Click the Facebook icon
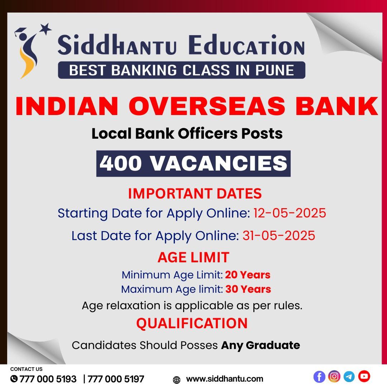(319, 377)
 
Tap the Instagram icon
(334, 376)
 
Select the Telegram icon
(349, 377)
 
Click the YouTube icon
(364, 376)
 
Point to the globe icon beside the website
(176, 380)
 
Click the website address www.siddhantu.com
(225, 379)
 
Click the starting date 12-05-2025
(290, 213)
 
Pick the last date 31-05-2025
(279, 235)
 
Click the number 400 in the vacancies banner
(120, 163)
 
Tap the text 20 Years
(248, 275)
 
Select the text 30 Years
(248, 289)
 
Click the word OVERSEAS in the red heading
(207, 106)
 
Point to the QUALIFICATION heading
(192, 323)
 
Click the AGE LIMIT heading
(193, 257)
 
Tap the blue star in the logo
(45, 29)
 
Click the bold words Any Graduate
(261, 345)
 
